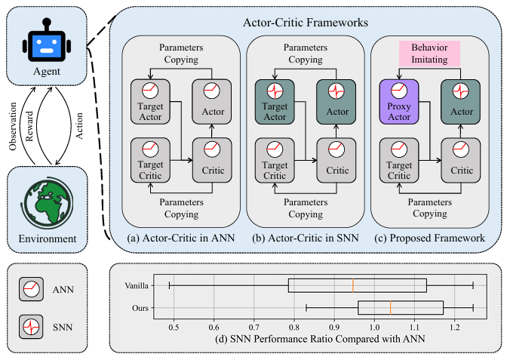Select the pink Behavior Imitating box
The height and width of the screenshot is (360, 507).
pos(429,54)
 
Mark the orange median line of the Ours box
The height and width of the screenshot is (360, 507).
pos(391,308)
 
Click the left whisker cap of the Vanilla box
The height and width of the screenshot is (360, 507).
pos(170,285)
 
